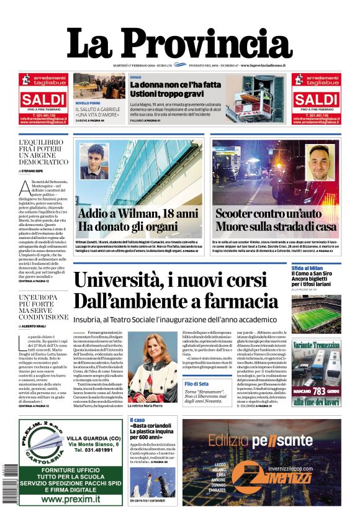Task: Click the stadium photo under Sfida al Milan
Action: click(x=316, y=314)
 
